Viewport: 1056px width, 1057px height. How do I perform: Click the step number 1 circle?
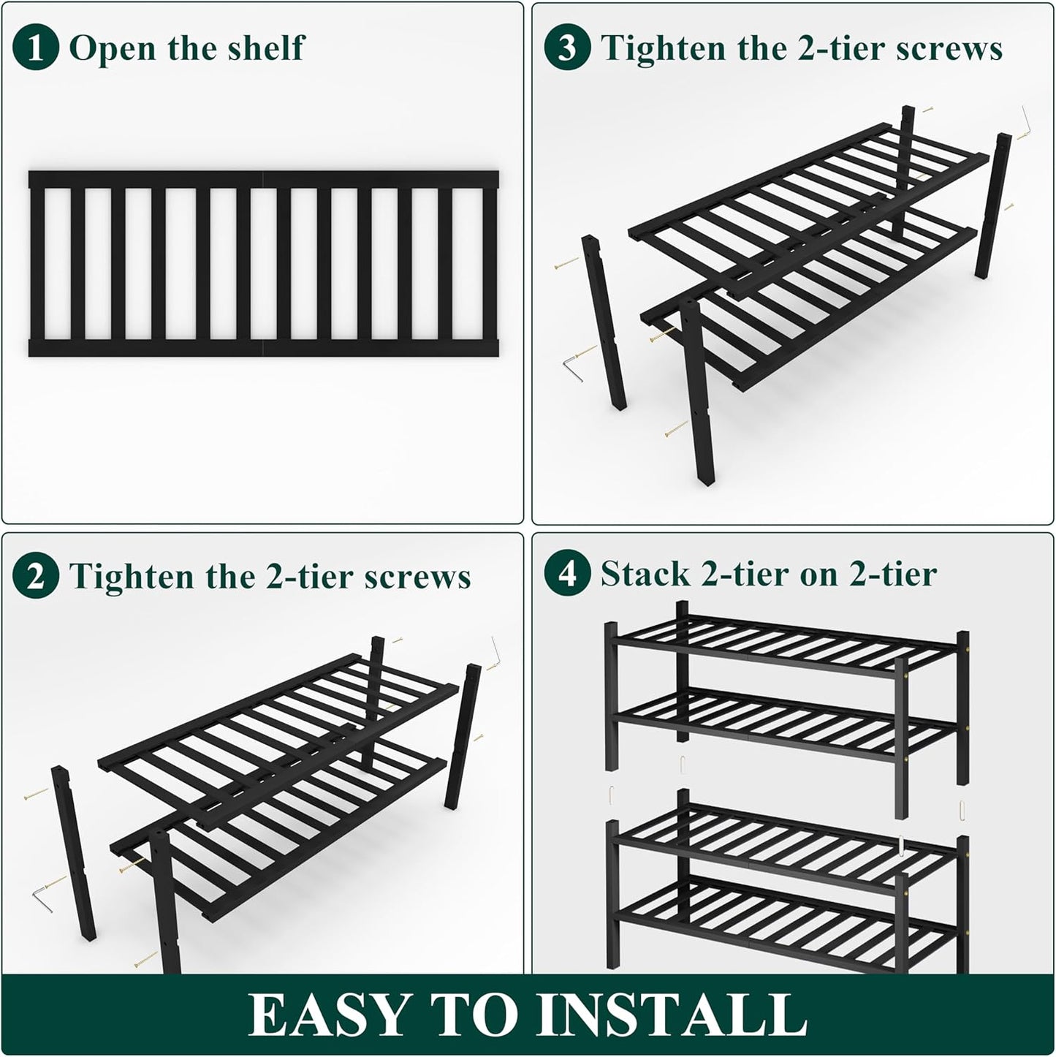click(35, 48)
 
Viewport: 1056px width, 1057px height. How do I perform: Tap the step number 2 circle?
click(35, 577)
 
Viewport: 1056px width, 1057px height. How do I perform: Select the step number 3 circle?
click(567, 48)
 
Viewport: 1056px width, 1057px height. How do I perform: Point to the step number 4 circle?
click(567, 574)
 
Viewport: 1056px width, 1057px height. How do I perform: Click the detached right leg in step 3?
click(992, 205)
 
